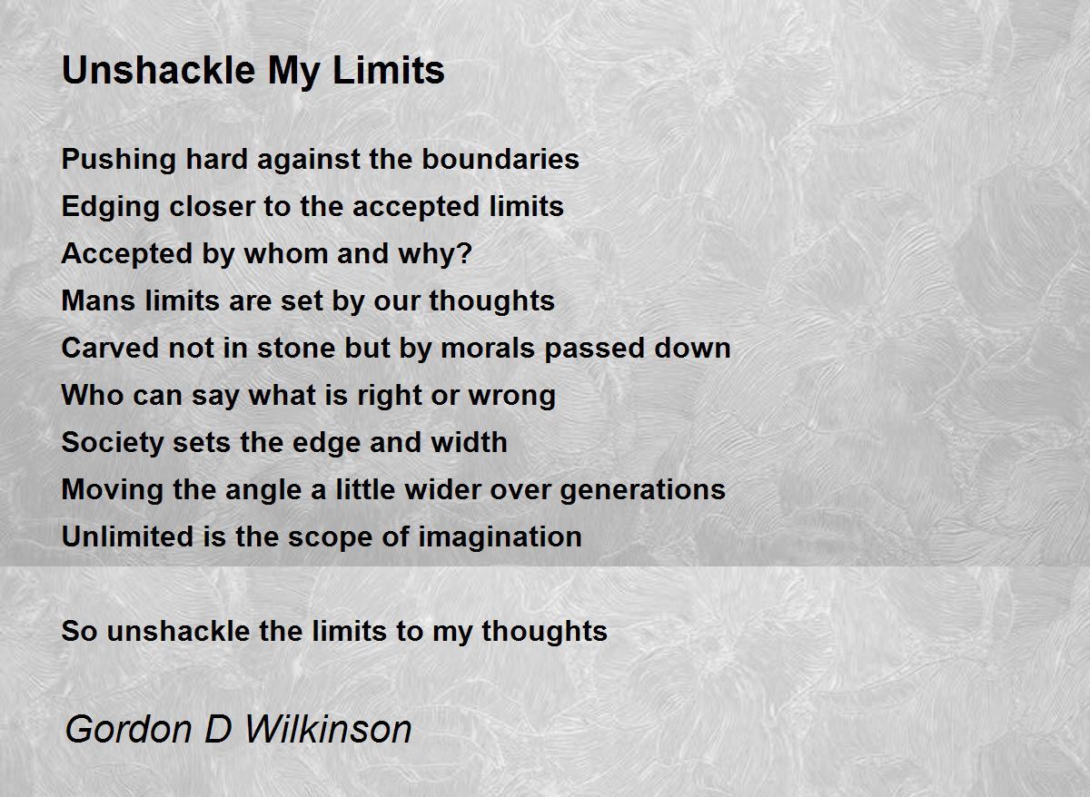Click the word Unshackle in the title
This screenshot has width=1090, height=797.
point(159,70)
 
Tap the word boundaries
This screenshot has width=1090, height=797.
point(500,159)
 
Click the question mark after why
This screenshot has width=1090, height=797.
point(465,253)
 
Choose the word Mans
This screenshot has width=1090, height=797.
point(98,300)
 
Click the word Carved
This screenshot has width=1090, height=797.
point(111,348)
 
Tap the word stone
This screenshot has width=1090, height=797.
point(296,348)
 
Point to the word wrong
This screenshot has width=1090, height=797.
point(512,397)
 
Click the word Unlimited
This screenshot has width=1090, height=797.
point(127,536)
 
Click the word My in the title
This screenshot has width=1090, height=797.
point(294,72)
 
